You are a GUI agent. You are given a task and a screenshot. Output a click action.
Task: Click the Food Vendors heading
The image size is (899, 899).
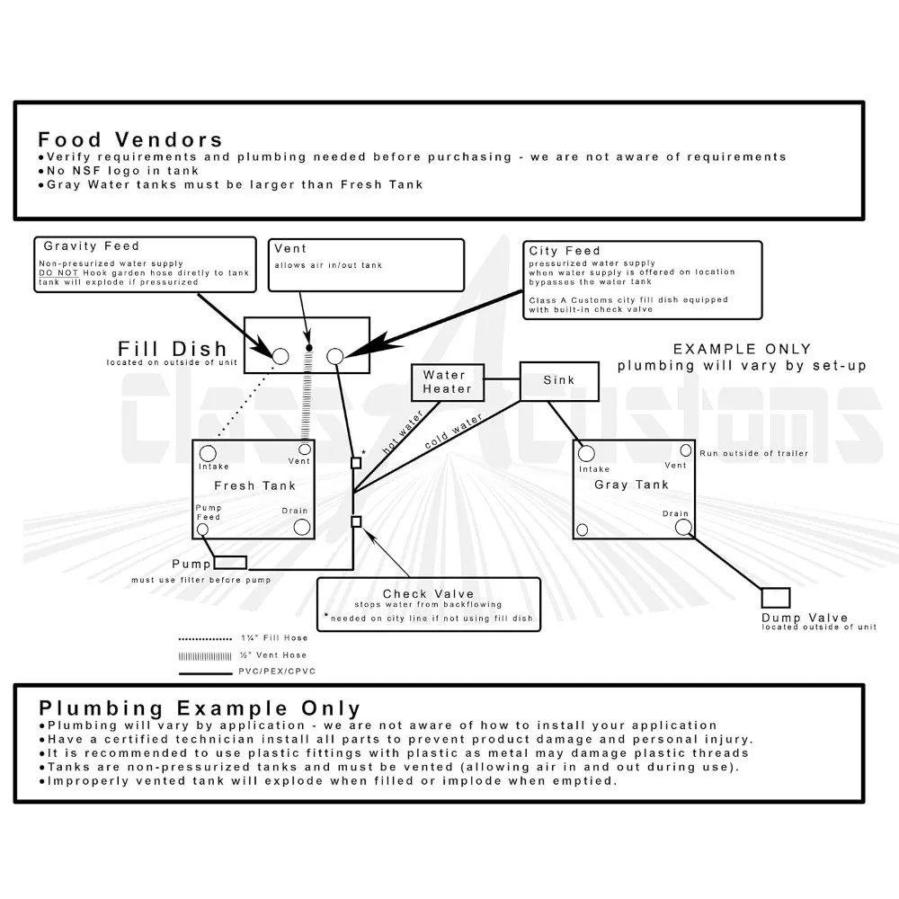click(x=130, y=139)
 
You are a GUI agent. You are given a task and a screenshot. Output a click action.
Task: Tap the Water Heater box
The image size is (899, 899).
click(x=447, y=381)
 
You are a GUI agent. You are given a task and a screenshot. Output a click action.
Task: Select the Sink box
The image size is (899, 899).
click(x=558, y=379)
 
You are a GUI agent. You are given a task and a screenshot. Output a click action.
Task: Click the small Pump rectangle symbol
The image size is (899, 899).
click(x=229, y=563)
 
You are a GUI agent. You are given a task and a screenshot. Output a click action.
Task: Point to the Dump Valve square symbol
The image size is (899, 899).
click(x=775, y=598)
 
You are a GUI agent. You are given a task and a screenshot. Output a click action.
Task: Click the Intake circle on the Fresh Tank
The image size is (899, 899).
click(x=208, y=452)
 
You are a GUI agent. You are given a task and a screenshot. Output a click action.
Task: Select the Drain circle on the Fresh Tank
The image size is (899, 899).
click(x=300, y=526)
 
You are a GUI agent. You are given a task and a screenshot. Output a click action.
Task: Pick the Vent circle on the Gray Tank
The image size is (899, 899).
click(x=685, y=450)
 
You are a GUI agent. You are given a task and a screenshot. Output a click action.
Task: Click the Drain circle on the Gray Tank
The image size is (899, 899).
click(x=682, y=528)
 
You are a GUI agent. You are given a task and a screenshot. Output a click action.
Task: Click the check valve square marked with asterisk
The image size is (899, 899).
click(x=356, y=463)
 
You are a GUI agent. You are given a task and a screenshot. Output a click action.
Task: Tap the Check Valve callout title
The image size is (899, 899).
click(x=428, y=593)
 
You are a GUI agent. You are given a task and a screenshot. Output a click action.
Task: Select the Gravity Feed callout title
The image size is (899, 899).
click(x=91, y=245)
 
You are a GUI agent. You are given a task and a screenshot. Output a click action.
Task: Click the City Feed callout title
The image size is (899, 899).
click(x=565, y=251)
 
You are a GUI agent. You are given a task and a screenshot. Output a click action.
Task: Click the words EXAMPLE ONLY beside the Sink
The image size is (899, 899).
click(x=742, y=349)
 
